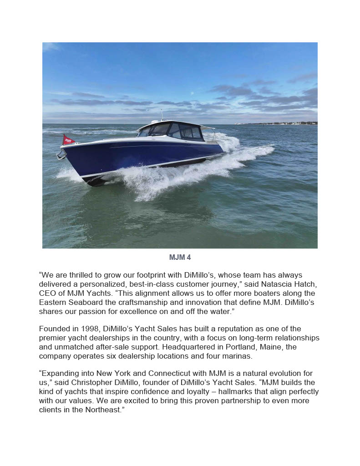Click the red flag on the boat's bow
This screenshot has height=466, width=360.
click(x=68, y=140)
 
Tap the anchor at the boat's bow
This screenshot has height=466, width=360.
click(x=61, y=156)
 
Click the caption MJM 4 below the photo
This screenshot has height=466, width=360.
click(x=180, y=258)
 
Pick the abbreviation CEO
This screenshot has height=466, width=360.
click(x=48, y=294)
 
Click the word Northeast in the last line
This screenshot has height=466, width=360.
click(x=101, y=410)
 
